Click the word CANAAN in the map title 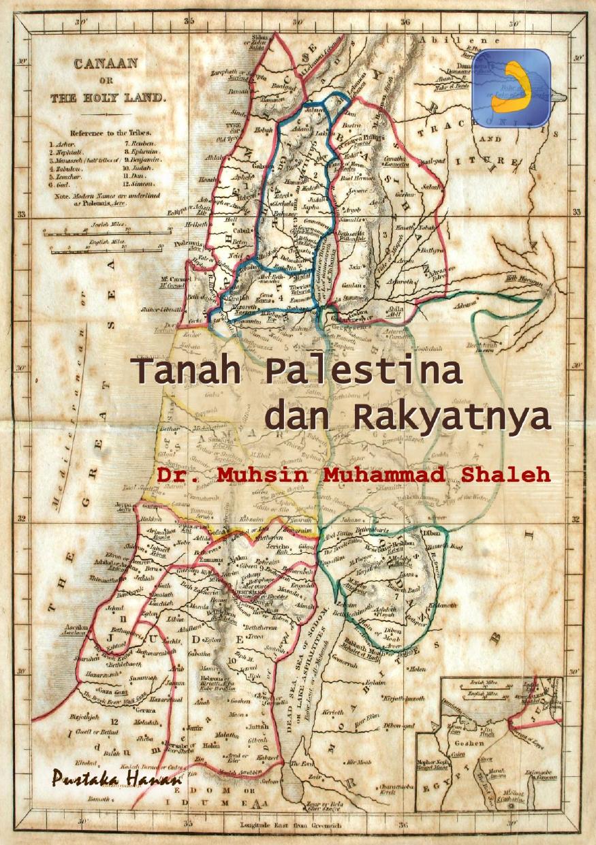point(106,63)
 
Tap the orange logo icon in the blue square point(511,87)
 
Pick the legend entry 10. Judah point(140,165)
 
